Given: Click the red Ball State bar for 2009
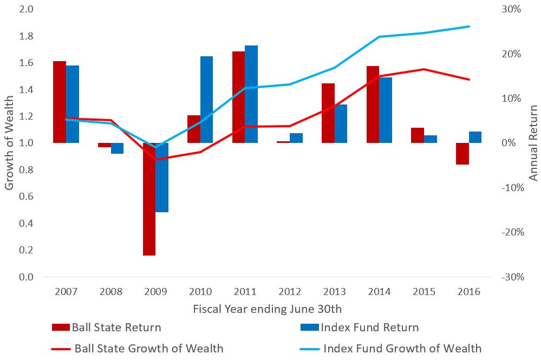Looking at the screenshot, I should pyautogui.click(x=149, y=199).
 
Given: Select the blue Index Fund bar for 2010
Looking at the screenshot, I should pyautogui.click(x=206, y=100).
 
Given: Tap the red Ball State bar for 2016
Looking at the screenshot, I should pyautogui.click(x=462, y=154).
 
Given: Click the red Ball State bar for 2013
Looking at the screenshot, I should pyautogui.click(x=328, y=113).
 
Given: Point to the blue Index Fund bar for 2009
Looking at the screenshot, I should pyautogui.click(x=162, y=178).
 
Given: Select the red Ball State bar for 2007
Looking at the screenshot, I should pyautogui.click(x=60, y=102).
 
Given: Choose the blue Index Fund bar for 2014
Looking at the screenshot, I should pyautogui.click(x=386, y=110).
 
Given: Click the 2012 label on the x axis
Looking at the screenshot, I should pyautogui.click(x=290, y=292).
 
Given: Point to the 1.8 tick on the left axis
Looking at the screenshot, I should pyautogui.click(x=27, y=36).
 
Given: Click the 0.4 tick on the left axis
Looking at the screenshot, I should pyautogui.click(x=27, y=224).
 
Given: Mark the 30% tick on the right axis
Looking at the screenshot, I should pyautogui.click(x=511, y=9).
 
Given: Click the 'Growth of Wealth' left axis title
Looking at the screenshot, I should pyautogui.click(x=9, y=143).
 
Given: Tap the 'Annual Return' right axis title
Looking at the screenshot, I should pyautogui.click(x=533, y=143).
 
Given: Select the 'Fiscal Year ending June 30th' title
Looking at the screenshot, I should pyautogui.click(x=268, y=309).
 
